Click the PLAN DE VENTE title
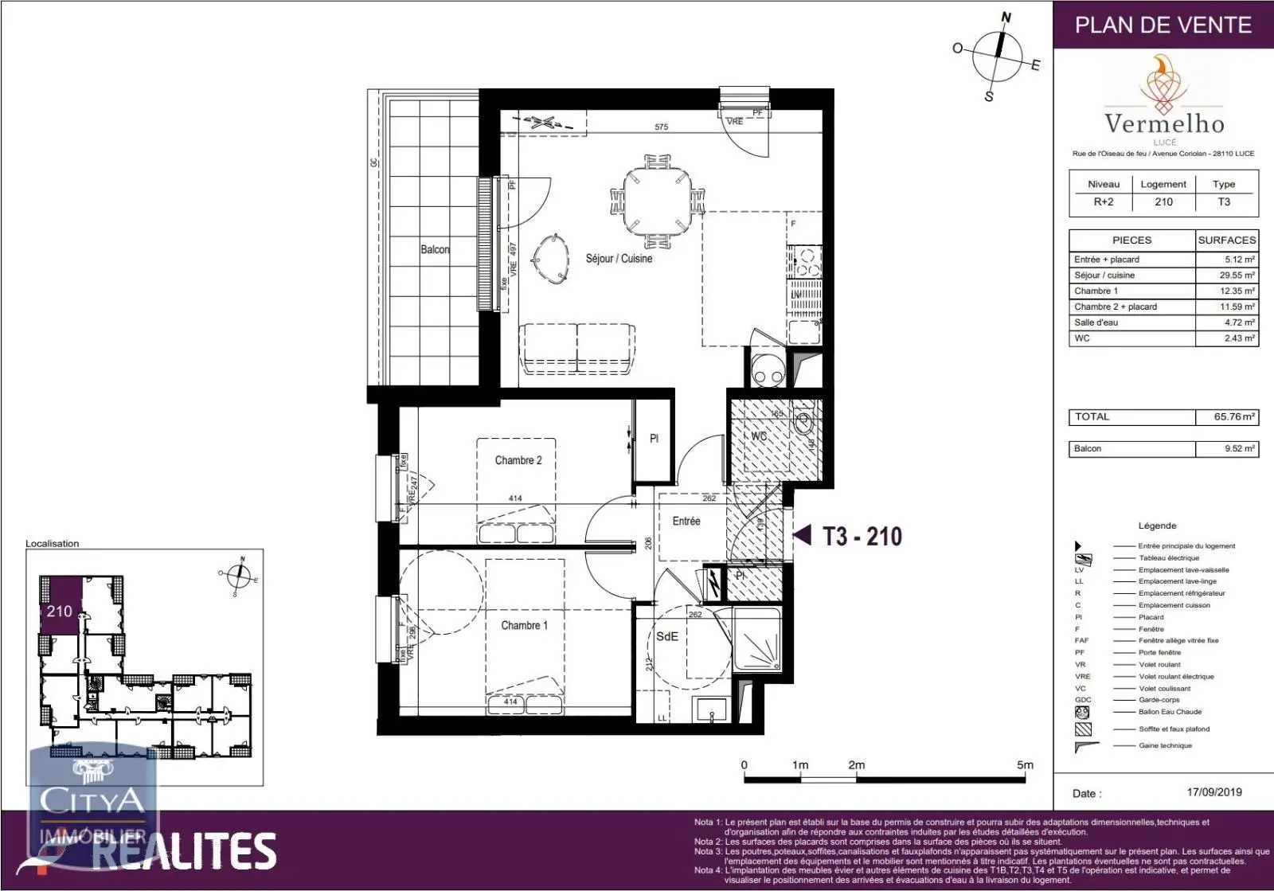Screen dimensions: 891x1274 pyautogui.click(x=1163, y=25)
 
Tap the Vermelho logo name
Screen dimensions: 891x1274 pyautogui.click(x=1164, y=123)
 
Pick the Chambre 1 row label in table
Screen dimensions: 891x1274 pyautogui.click(x=1096, y=291)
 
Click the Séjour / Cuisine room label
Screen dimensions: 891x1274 pyautogui.click(x=619, y=259)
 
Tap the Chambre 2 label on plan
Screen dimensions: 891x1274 pyautogui.click(x=518, y=460)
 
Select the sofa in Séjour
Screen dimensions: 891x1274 pyautogui.click(x=577, y=349)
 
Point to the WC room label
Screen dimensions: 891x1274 pyautogui.click(x=759, y=436)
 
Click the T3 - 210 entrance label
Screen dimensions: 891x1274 pyautogui.click(x=862, y=537)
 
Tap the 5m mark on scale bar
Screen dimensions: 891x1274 pyautogui.click(x=1025, y=765)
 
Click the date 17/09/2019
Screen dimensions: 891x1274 pyautogui.click(x=1213, y=792)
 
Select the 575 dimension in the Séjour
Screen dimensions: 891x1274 pyautogui.click(x=661, y=127)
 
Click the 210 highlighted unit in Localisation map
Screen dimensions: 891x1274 pyautogui.click(x=60, y=611)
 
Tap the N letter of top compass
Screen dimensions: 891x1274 pyautogui.click(x=1006, y=18)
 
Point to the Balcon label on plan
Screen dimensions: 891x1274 pyautogui.click(x=435, y=250)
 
